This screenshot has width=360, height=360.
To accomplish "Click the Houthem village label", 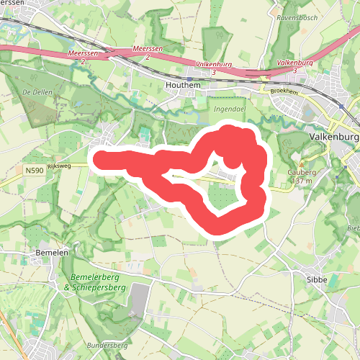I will [x=183, y=84].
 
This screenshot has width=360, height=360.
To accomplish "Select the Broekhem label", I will [x=284, y=91].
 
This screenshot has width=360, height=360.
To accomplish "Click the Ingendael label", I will [x=229, y=108].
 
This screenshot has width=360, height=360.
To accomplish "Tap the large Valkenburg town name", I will [x=333, y=137].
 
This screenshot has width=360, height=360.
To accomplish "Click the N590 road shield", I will [x=33, y=171].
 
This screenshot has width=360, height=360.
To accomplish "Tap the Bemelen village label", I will [x=51, y=253].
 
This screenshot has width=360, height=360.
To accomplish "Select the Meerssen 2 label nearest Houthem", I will [x=147, y=52].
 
